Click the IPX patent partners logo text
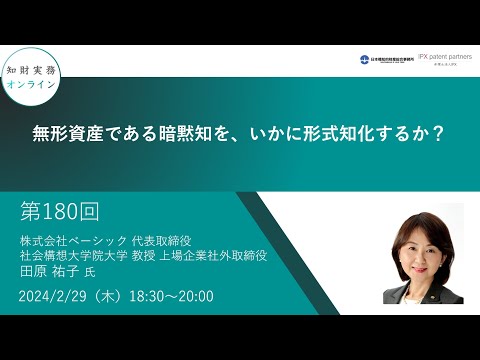tap(445, 58)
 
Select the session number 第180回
tap(60, 212)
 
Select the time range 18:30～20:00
tap(191, 296)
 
